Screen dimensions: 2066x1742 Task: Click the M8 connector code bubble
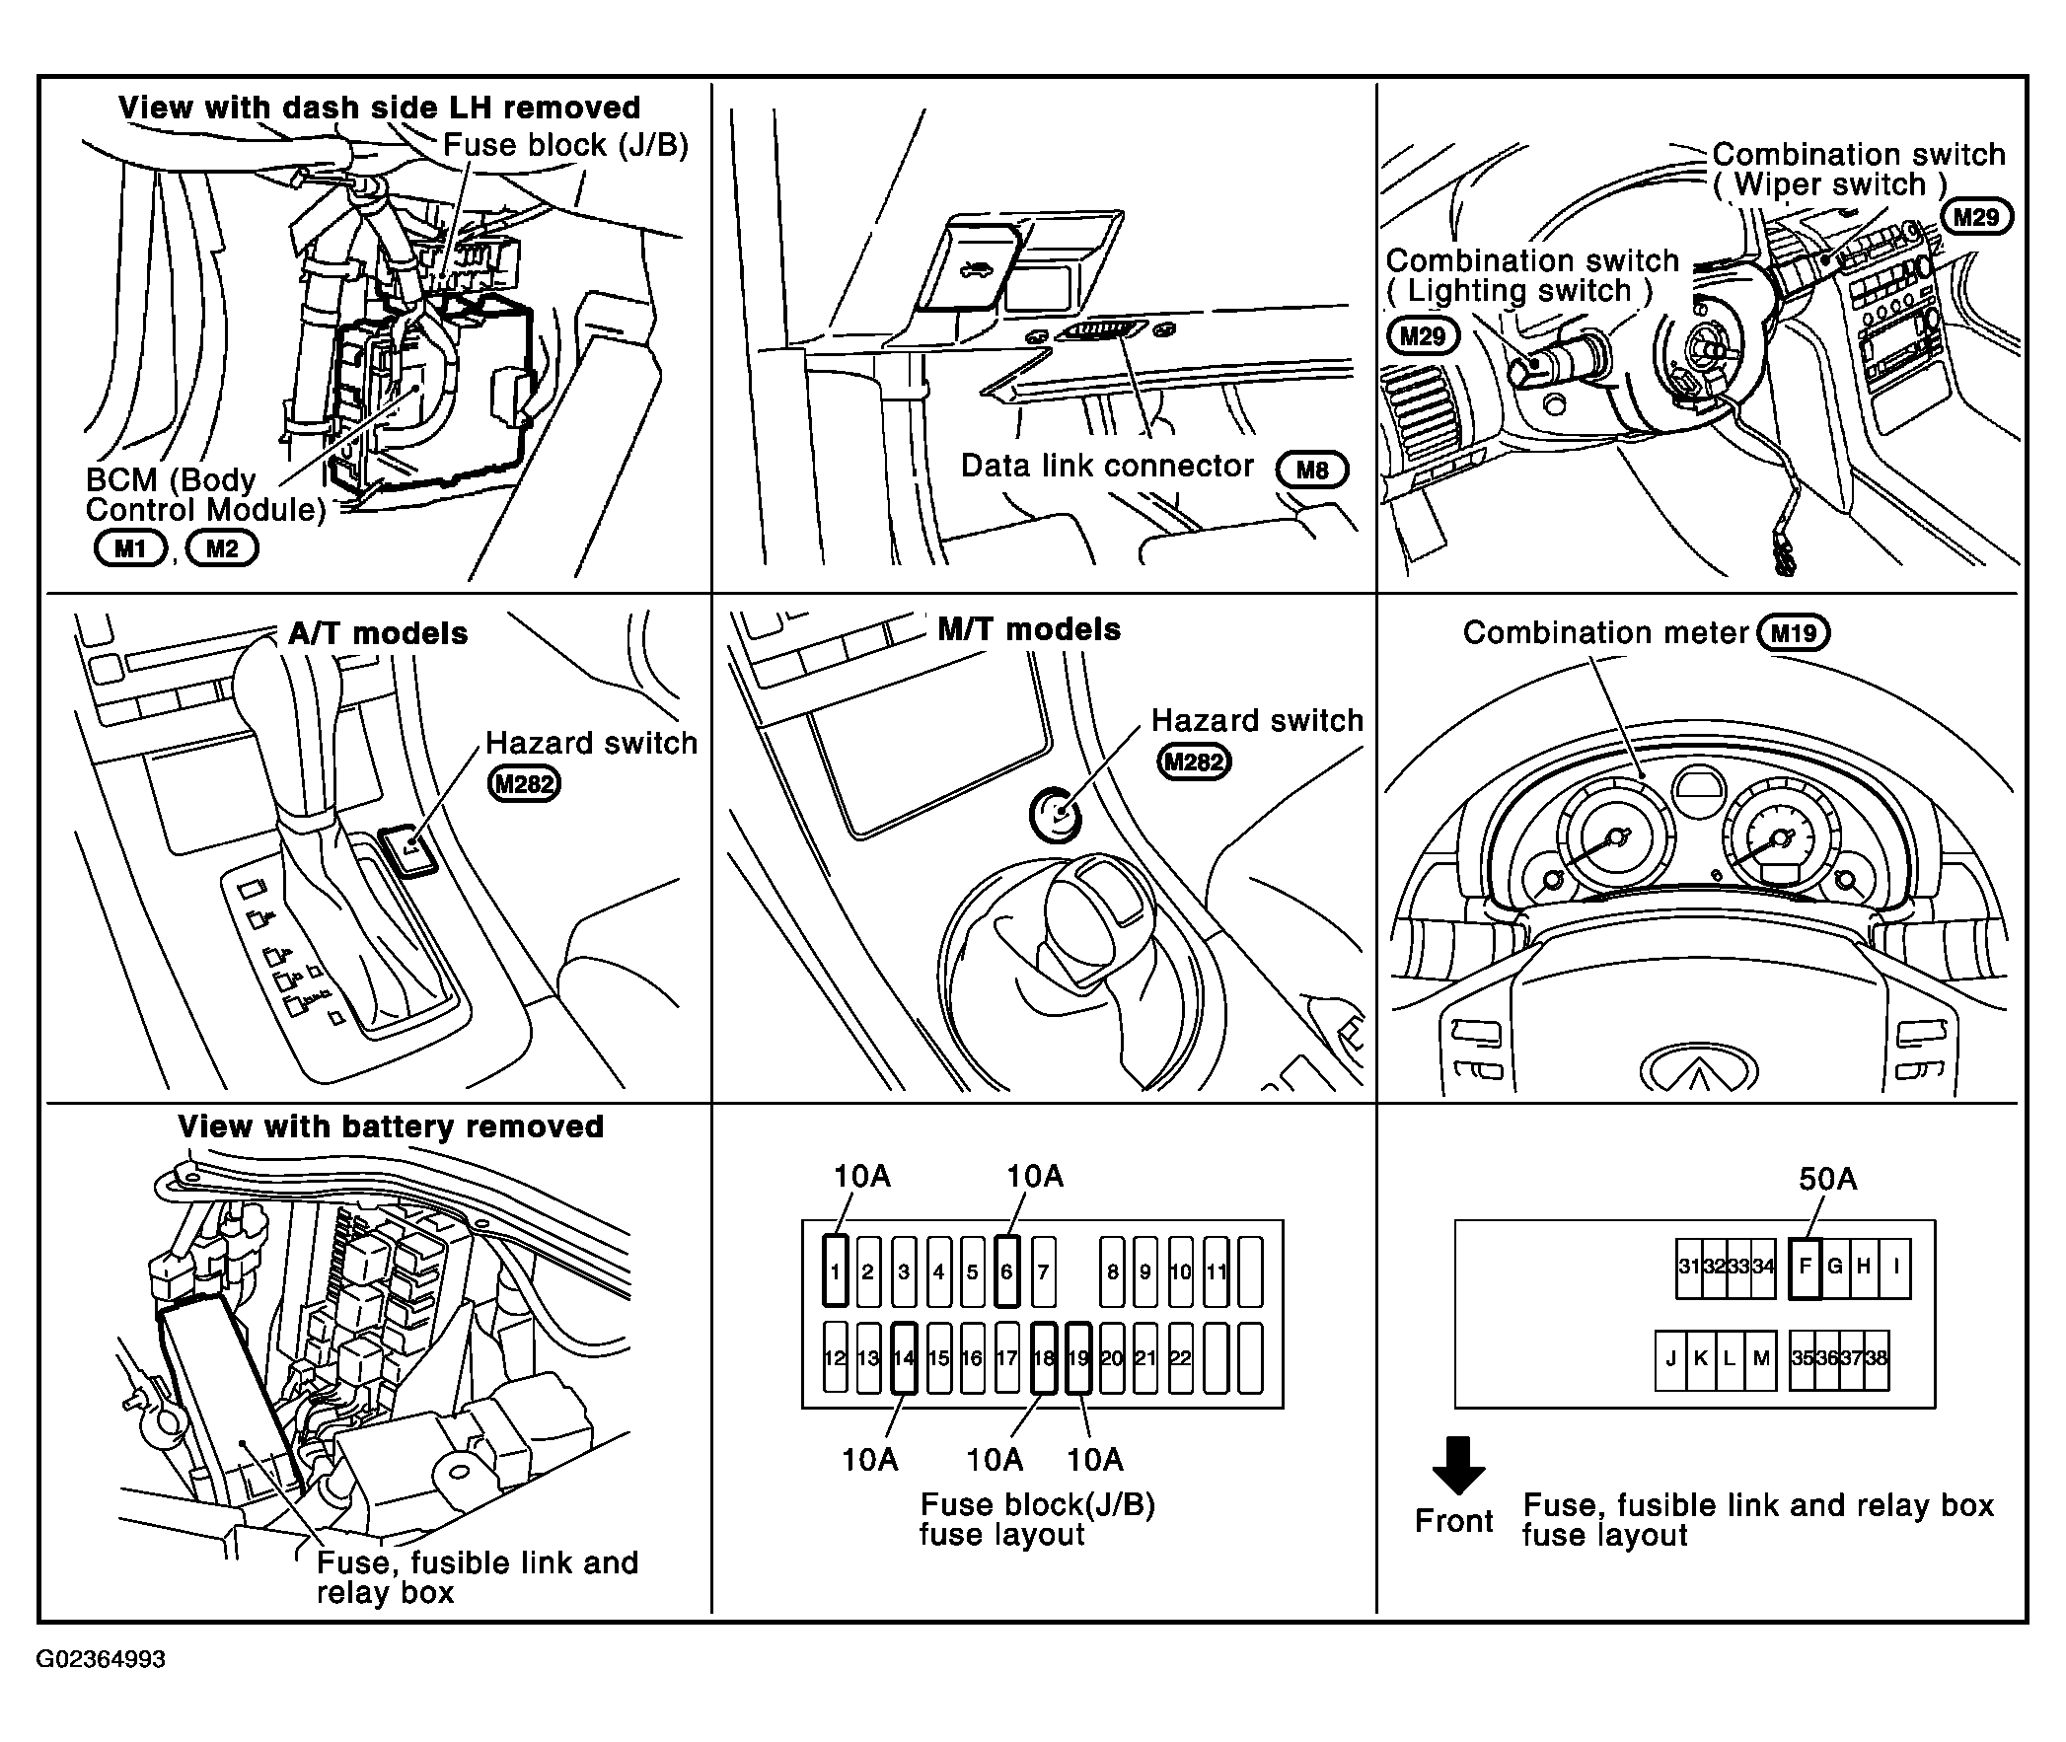point(1311,471)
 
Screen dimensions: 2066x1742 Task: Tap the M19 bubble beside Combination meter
point(1794,633)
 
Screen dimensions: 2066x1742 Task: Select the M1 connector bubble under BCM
point(130,548)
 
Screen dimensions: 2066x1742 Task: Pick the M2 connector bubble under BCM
point(222,548)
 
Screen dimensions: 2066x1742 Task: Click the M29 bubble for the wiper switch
point(1976,217)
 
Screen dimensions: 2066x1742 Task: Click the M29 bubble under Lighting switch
point(1422,336)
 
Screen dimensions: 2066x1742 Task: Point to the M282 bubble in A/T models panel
point(525,784)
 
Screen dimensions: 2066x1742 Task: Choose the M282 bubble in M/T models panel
point(1194,762)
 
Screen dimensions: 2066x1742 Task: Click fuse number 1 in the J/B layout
point(836,1270)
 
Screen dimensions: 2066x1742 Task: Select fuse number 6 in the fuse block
point(1006,1270)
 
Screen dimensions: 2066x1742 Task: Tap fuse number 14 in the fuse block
point(904,1358)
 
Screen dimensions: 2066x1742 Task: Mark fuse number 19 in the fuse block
point(1078,1358)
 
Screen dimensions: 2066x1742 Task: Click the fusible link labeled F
point(1805,1268)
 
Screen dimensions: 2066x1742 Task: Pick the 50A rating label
point(1827,1178)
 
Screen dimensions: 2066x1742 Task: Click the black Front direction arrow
point(1458,1465)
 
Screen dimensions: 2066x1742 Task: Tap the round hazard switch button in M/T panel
point(1056,816)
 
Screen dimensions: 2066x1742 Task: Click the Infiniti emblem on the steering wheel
point(1699,1070)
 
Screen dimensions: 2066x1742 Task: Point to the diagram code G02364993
point(101,1658)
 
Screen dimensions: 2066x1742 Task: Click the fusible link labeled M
point(1761,1359)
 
